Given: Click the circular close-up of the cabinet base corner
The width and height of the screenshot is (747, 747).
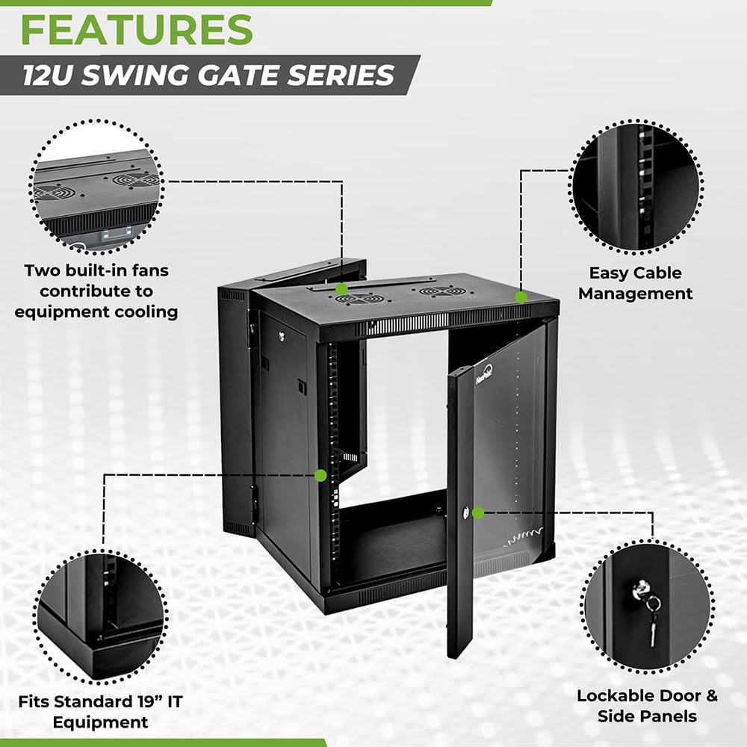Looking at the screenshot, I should pyautogui.click(x=99, y=617).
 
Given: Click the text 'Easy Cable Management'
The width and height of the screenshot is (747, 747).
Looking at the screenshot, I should pyautogui.click(x=635, y=284).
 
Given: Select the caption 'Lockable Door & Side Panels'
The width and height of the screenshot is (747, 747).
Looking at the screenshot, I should pyautogui.click(x=647, y=706).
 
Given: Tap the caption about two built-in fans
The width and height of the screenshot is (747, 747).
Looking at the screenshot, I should pyautogui.click(x=96, y=291).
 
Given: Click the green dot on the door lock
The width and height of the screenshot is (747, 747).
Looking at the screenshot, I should pyautogui.click(x=479, y=512).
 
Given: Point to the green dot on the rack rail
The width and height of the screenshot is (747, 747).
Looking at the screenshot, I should pyautogui.click(x=320, y=474).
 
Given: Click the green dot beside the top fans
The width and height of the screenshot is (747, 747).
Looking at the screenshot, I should pyautogui.click(x=341, y=288).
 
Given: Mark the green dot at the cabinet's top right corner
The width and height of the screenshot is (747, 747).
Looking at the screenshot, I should pyautogui.click(x=521, y=297).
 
